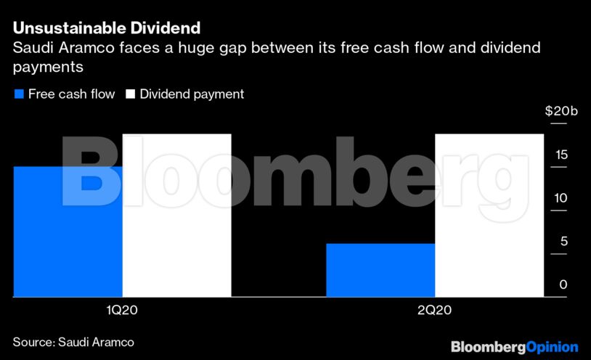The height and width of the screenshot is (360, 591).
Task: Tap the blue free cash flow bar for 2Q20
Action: point(380,270)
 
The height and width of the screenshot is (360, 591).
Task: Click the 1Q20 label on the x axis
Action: point(122,311)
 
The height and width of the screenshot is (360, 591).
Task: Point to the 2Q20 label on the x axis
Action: point(434,311)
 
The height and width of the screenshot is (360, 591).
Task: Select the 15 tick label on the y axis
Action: point(563,155)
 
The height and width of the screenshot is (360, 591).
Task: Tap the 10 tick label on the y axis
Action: point(563,198)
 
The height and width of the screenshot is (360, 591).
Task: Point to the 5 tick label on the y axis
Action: point(563,242)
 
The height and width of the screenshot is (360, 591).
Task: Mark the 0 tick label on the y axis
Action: point(563,285)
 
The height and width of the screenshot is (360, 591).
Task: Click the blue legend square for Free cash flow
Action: point(18,94)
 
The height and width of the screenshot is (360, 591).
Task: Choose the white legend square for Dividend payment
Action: point(131,94)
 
